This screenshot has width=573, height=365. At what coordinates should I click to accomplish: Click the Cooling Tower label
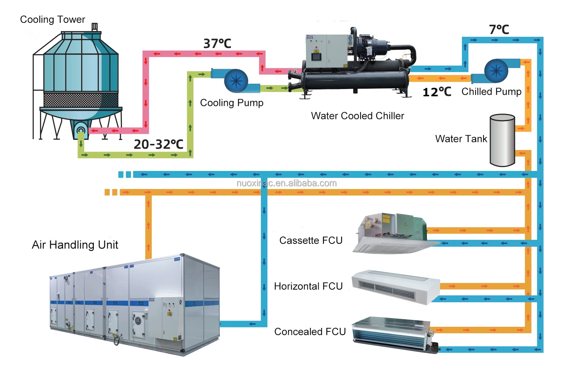(52, 19)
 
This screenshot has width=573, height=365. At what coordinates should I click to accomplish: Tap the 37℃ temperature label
(217, 44)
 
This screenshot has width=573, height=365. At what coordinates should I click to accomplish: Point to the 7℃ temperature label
(499, 30)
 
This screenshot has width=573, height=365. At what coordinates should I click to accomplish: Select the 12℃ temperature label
(437, 92)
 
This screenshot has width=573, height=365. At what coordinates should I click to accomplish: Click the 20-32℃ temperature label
(158, 144)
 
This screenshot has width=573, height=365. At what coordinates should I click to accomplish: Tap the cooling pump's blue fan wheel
(236, 81)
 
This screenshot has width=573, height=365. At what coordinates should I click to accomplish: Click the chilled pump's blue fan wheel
(496, 71)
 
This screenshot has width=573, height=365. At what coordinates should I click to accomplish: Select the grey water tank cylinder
(502, 140)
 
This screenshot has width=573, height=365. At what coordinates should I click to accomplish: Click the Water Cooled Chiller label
(357, 116)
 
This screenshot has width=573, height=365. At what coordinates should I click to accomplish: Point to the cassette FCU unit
(392, 233)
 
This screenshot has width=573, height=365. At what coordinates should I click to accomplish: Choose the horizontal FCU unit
(395, 287)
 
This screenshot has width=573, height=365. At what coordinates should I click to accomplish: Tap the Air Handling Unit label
(75, 245)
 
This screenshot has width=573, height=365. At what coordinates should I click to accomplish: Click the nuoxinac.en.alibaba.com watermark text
(286, 183)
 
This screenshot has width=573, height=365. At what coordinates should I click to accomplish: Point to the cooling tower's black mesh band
(81, 100)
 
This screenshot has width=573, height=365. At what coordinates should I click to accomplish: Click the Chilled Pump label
(491, 92)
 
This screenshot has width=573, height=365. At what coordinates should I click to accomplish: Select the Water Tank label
(461, 139)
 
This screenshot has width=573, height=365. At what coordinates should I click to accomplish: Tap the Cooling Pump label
(232, 103)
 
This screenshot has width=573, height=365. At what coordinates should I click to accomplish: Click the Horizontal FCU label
(308, 286)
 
